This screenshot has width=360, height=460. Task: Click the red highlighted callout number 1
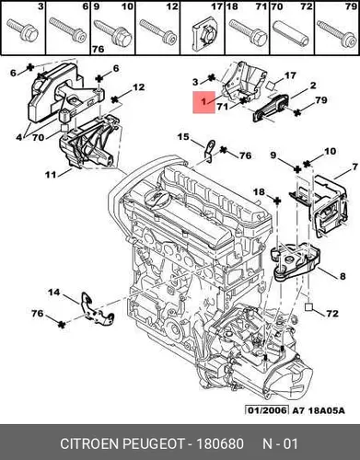click(x=203, y=101)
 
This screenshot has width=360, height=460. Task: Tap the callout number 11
click(x=51, y=175)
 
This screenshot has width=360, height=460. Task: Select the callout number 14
click(x=54, y=293)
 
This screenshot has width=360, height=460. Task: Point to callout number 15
click(x=183, y=137)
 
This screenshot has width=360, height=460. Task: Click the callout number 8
click(x=343, y=276)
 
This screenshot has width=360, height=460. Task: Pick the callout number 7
click(x=355, y=167)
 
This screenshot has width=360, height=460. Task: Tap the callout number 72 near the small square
click(x=331, y=314)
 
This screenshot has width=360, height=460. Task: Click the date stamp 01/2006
click(x=267, y=410)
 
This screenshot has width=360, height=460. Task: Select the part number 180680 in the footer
click(x=220, y=443)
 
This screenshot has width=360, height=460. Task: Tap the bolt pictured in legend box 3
click(x=23, y=29)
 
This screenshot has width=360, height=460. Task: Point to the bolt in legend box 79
click(x=336, y=34)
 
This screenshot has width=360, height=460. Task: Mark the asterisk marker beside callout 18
click(x=276, y=201)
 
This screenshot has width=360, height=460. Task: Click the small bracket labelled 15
click(x=209, y=152)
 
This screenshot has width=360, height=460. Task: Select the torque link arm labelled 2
click(x=270, y=109)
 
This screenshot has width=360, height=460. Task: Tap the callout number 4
click(x=19, y=137)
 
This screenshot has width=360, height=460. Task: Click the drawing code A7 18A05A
click(x=319, y=410)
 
